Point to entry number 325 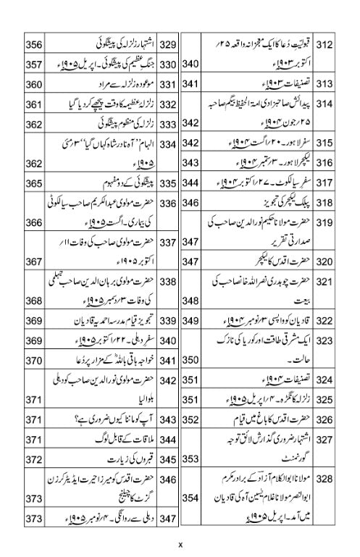(325, 399)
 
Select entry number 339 (169, 321)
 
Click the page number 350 (191, 360)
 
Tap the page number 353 (191, 459)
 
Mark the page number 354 (191, 519)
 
